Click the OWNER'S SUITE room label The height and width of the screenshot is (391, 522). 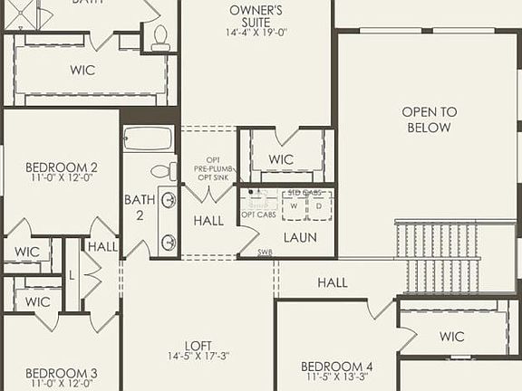point(256,11)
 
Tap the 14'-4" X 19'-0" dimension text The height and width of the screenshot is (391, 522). point(256,33)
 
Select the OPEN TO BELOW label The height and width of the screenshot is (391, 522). point(430,119)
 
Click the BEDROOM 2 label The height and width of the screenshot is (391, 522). point(61,167)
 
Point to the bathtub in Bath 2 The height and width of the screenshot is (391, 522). point(148,138)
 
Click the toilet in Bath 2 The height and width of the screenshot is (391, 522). point(162,170)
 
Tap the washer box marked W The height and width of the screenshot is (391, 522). point(293,206)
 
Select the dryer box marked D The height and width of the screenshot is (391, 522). point(317,206)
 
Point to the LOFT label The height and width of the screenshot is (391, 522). point(198,345)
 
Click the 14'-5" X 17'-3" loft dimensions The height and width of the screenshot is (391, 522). point(198,357)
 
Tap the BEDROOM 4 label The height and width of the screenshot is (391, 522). point(337,367)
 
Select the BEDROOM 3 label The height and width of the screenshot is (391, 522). point(61,373)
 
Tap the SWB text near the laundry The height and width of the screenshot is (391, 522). point(265,253)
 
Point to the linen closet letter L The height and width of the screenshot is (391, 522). point(72,274)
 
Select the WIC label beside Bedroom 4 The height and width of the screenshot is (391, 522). point(451,337)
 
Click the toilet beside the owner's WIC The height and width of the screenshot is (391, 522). point(160,36)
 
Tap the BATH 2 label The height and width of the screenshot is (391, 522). point(134,206)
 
